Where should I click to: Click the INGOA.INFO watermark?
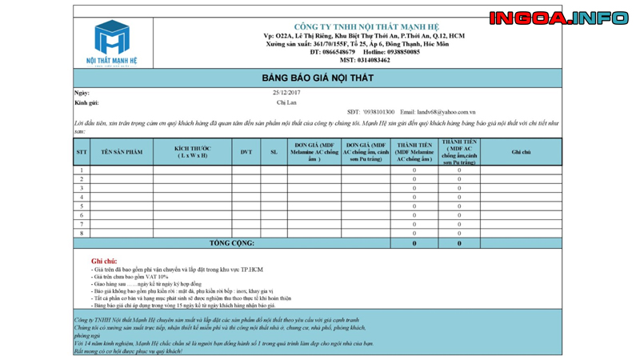pyautogui.click(x=558, y=18)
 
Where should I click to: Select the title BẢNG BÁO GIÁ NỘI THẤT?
pyautogui.click(x=318, y=78)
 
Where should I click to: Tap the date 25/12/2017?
pyautogui.click(x=286, y=93)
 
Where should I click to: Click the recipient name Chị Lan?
pyautogui.click(x=286, y=102)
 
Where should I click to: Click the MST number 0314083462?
pyautogui.click(x=365, y=60)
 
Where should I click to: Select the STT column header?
pyautogui.click(x=82, y=152)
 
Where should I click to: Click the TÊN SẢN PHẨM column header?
pyautogui.click(x=122, y=152)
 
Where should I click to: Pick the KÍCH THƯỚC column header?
pyautogui.click(x=192, y=152)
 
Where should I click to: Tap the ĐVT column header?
pyautogui.click(x=246, y=152)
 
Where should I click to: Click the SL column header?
pyautogui.click(x=274, y=152)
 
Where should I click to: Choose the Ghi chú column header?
pyautogui.click(x=521, y=152)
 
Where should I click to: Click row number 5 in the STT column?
pyautogui.click(x=82, y=206)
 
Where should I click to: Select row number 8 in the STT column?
pyautogui.click(x=82, y=234)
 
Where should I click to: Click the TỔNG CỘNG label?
pyautogui.click(x=232, y=243)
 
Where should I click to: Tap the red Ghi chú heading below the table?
pyautogui.click(x=104, y=261)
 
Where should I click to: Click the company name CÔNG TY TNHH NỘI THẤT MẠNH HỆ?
pyautogui.click(x=366, y=27)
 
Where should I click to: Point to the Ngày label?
pyautogui.click(x=82, y=93)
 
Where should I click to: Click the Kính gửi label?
pyautogui.click(x=86, y=102)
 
